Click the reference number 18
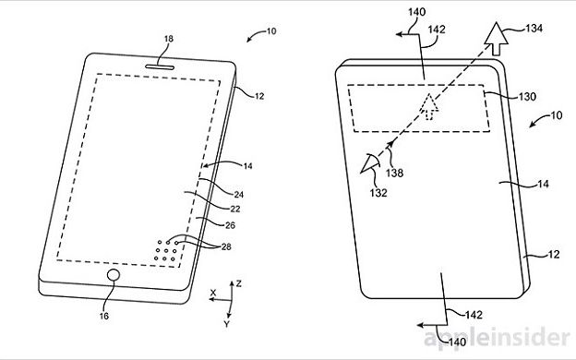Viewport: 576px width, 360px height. point(169,39)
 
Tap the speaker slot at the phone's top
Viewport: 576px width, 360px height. point(160,67)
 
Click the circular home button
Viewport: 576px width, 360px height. point(114,275)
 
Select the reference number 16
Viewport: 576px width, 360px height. point(104,316)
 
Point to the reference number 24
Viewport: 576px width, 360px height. point(239,195)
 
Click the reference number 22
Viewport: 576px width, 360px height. point(235,209)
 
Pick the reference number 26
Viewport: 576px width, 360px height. point(231,225)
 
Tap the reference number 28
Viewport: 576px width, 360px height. point(226,246)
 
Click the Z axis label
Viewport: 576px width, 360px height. point(239,283)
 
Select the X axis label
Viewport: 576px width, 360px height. point(213,293)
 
